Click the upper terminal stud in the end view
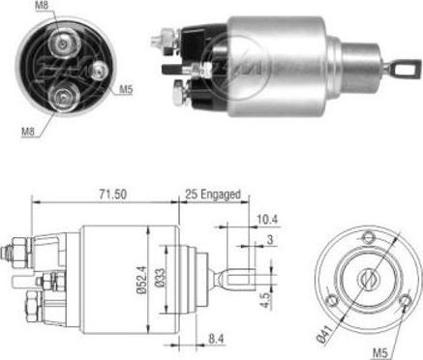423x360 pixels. click(65, 43)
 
